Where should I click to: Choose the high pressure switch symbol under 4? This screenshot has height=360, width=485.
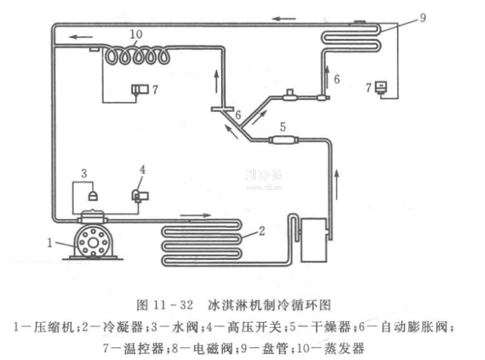140,196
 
